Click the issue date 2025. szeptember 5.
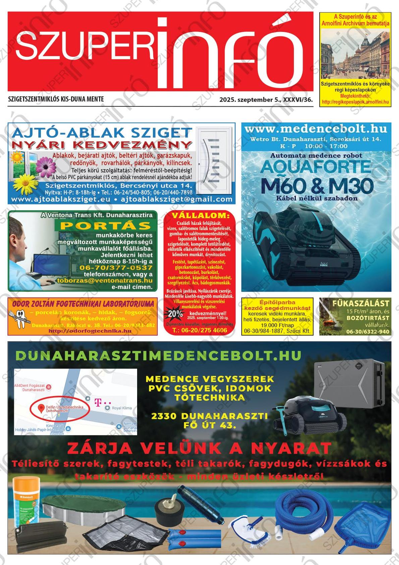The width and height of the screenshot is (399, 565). [x=250, y=100]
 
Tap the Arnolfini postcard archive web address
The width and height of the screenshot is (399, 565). [x=355, y=102]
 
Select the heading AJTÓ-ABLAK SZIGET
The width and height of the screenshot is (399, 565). [x=102, y=133]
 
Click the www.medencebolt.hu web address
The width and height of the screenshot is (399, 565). [x=316, y=129]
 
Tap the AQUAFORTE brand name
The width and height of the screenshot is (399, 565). [x=316, y=167]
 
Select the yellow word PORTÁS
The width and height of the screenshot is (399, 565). [x=105, y=226]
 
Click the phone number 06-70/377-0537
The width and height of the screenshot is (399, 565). [x=116, y=268]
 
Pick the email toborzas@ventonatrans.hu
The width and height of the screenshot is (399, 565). [x=105, y=281]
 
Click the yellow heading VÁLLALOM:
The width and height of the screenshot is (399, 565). [x=201, y=216]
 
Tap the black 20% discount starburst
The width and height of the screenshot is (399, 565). [x=175, y=314]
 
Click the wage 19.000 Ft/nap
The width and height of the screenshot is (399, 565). [x=277, y=325]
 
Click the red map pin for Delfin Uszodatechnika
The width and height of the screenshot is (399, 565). [x=41, y=409]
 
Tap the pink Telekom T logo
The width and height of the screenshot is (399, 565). [x=98, y=402]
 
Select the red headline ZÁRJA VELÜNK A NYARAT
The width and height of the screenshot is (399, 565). [x=199, y=448]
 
